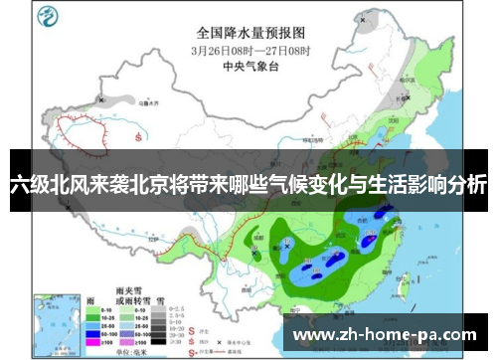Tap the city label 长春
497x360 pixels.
(403, 97)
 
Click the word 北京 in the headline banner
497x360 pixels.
(155, 185)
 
